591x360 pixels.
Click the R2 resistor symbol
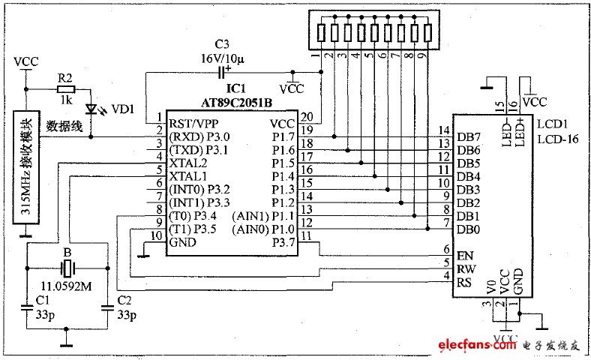64,88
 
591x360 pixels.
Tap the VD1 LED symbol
91,109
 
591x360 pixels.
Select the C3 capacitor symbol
222,72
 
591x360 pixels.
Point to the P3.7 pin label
283,242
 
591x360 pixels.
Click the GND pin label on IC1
181,242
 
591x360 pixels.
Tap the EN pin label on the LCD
464,255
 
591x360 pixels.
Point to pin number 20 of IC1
306,116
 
